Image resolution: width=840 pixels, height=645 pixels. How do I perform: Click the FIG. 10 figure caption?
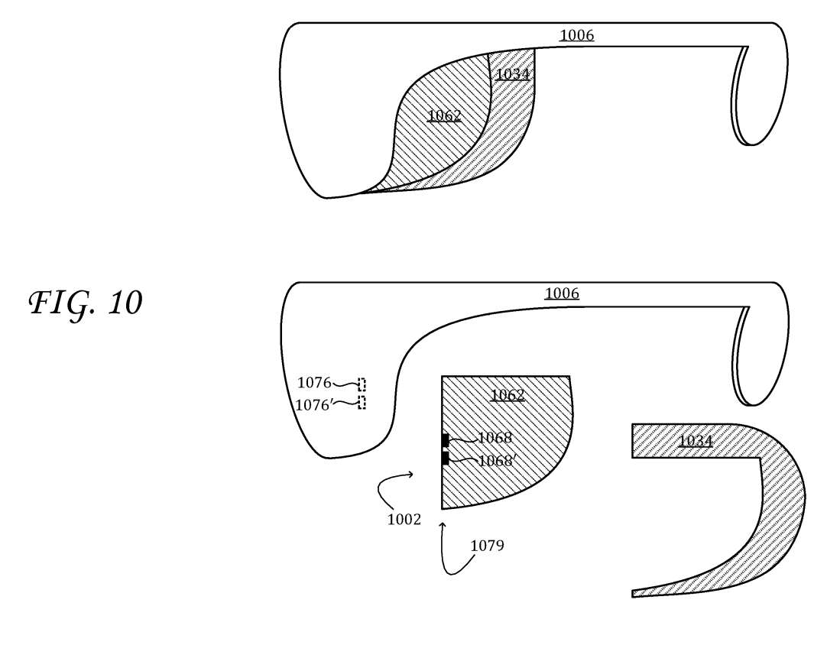[x=86, y=304]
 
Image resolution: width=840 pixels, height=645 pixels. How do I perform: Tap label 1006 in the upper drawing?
[x=576, y=35]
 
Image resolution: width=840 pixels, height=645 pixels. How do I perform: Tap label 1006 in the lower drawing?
[x=562, y=293]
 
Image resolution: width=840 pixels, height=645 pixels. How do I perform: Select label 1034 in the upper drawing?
[x=512, y=74]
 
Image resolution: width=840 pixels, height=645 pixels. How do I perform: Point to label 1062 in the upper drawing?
[x=444, y=115]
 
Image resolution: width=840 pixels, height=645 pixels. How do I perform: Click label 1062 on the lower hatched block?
[x=508, y=395]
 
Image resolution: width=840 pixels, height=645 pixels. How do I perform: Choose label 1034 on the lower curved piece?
[x=695, y=441]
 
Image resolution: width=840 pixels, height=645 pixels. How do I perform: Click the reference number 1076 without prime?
[x=314, y=383]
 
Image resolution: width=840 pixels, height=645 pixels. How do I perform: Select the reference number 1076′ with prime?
[x=313, y=406]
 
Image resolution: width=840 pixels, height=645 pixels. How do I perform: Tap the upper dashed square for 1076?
[x=362, y=384]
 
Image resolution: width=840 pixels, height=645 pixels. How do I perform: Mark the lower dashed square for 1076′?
[x=362, y=403]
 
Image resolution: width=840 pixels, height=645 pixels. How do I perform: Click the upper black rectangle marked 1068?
[x=445, y=440]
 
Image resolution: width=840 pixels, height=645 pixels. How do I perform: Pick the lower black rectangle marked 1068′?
[x=445, y=459]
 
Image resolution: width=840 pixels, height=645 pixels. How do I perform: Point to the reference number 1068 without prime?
[x=495, y=438]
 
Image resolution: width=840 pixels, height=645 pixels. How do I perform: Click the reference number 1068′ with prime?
[x=497, y=461]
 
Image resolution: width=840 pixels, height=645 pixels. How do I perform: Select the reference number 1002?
[x=404, y=520]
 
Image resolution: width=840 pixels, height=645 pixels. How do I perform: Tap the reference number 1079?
[x=487, y=546]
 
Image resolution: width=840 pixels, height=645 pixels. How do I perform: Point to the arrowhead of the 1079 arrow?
[x=443, y=525]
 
